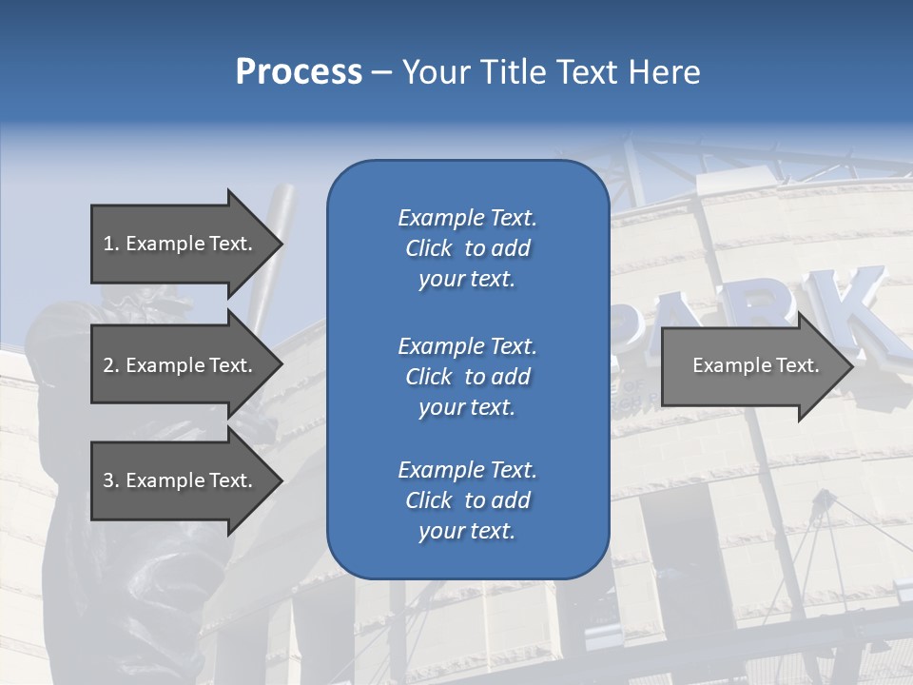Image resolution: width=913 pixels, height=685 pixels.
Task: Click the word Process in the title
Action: [x=299, y=72]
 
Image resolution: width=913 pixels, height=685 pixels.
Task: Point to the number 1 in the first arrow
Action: [x=108, y=244]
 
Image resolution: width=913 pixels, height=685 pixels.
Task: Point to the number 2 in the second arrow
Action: [x=108, y=365]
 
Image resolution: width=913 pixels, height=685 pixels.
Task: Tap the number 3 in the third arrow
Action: [x=108, y=480]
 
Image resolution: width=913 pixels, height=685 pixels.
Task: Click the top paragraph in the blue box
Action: [x=467, y=248]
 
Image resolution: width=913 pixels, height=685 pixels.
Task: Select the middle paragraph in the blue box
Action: [x=467, y=377]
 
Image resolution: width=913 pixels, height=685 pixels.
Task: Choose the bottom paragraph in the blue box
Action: [x=467, y=500]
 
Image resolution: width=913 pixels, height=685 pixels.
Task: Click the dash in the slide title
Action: [x=381, y=72]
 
